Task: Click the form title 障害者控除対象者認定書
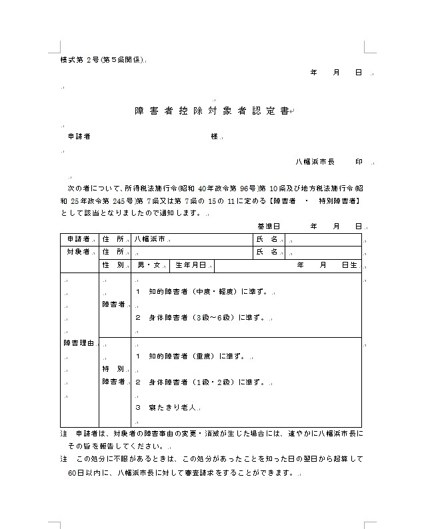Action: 211,111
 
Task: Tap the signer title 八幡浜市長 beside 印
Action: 315,162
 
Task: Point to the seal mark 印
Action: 359,162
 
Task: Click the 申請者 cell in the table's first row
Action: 78,239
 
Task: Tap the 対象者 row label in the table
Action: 78,252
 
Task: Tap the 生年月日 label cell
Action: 191,265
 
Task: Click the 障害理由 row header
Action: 77,344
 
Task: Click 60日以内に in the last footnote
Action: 89,473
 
